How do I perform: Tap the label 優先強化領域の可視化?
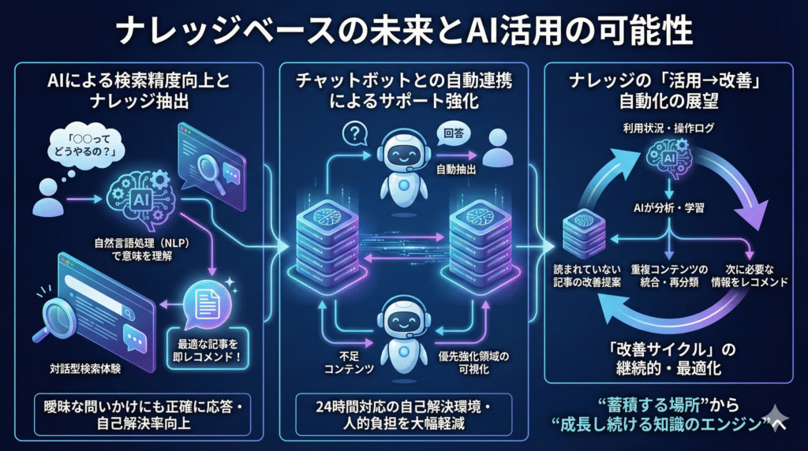473,363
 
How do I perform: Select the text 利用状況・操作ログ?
668,127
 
